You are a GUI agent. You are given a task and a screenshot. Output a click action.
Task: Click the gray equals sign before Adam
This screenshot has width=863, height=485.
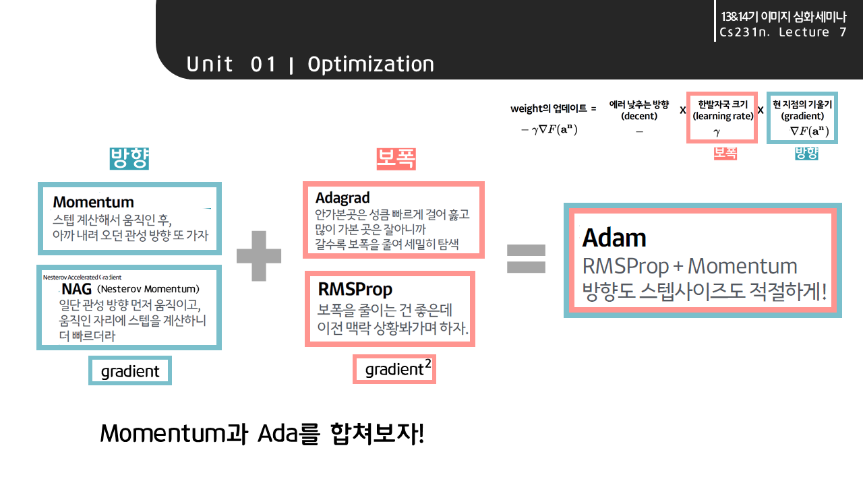(x=526, y=258)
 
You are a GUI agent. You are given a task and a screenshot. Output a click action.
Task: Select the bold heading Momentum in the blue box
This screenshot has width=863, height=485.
(x=93, y=202)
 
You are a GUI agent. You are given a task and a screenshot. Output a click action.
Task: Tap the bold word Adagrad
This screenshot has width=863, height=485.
(x=343, y=198)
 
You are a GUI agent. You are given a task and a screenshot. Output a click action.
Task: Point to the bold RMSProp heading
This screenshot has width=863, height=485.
(x=355, y=290)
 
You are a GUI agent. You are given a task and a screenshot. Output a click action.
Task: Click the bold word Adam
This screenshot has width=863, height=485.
(x=614, y=238)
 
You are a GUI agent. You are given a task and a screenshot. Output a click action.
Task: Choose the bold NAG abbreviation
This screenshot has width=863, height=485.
(x=76, y=289)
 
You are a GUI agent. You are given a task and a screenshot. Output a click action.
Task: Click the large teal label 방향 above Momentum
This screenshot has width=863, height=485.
(x=129, y=158)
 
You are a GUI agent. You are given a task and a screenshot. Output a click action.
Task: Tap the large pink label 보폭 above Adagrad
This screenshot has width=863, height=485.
(x=396, y=160)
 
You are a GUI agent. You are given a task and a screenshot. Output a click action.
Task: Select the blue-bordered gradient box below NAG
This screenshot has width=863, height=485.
(x=130, y=371)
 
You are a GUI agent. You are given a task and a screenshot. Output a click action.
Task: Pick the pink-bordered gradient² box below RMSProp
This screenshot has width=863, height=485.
(x=394, y=369)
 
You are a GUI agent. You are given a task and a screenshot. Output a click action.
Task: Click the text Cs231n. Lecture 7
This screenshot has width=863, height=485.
(x=783, y=32)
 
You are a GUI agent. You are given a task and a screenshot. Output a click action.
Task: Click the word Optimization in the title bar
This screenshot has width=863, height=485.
(x=371, y=64)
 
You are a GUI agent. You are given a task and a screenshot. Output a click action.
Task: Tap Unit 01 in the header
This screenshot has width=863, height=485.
(x=231, y=64)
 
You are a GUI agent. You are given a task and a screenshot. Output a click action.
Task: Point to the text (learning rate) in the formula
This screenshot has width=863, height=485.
(x=723, y=116)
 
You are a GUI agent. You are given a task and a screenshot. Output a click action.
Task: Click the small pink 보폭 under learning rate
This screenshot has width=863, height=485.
(x=725, y=153)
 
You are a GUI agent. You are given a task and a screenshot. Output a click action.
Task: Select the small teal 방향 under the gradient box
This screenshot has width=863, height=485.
(x=806, y=153)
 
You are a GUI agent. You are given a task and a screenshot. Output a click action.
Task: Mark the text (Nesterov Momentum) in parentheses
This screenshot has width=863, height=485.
(x=148, y=289)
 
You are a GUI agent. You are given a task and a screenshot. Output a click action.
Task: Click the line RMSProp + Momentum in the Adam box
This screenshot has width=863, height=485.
(x=689, y=266)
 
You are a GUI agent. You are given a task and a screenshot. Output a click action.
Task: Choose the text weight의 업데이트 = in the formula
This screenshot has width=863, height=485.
(x=554, y=108)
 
